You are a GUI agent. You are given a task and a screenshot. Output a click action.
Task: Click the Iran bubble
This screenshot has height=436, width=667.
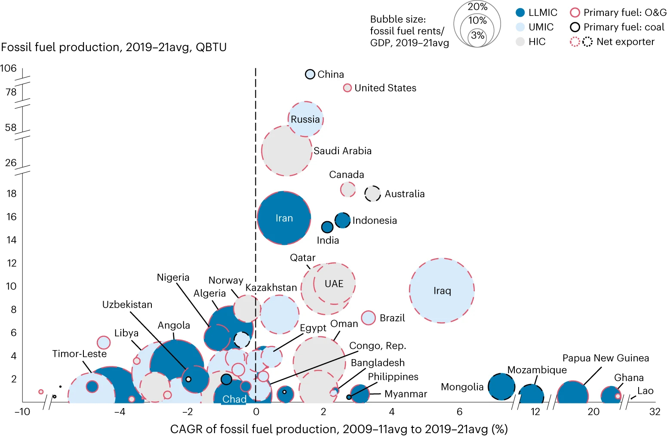284,218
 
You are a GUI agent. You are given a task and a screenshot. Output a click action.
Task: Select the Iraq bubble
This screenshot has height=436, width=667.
442,290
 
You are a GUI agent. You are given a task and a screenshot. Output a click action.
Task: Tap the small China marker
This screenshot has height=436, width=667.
310,74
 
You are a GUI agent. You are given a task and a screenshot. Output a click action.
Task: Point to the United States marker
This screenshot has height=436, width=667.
347,88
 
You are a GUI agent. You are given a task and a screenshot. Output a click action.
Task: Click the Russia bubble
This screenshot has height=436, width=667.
305,119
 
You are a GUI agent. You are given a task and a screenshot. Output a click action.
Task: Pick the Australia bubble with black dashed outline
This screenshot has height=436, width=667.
372,193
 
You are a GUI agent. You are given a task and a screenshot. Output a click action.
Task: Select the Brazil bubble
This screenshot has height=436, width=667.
369,318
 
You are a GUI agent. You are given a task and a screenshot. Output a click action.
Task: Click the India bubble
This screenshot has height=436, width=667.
327,227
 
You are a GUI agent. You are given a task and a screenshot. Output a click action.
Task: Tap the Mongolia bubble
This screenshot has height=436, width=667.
501,386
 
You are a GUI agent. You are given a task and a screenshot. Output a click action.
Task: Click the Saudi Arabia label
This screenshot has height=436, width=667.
342,151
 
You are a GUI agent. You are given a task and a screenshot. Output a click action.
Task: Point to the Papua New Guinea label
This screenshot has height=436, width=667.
606,358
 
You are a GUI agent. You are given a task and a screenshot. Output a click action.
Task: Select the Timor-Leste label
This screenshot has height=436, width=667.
79,354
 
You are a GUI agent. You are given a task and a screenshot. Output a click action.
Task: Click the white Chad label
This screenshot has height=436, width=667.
234,399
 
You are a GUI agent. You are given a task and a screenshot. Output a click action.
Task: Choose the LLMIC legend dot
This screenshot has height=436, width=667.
520,12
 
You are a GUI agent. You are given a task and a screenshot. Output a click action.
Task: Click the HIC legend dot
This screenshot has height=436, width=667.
520,42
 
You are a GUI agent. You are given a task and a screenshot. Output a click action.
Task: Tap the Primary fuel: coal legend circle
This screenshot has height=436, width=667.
575,27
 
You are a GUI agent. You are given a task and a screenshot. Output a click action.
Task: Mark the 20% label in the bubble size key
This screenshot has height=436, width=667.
477,7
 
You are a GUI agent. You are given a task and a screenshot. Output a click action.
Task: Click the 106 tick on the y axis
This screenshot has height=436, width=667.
9,68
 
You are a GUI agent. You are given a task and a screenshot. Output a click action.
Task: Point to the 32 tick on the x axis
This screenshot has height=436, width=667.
655,412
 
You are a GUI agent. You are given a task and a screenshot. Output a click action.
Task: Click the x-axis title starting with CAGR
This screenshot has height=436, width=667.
339,429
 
